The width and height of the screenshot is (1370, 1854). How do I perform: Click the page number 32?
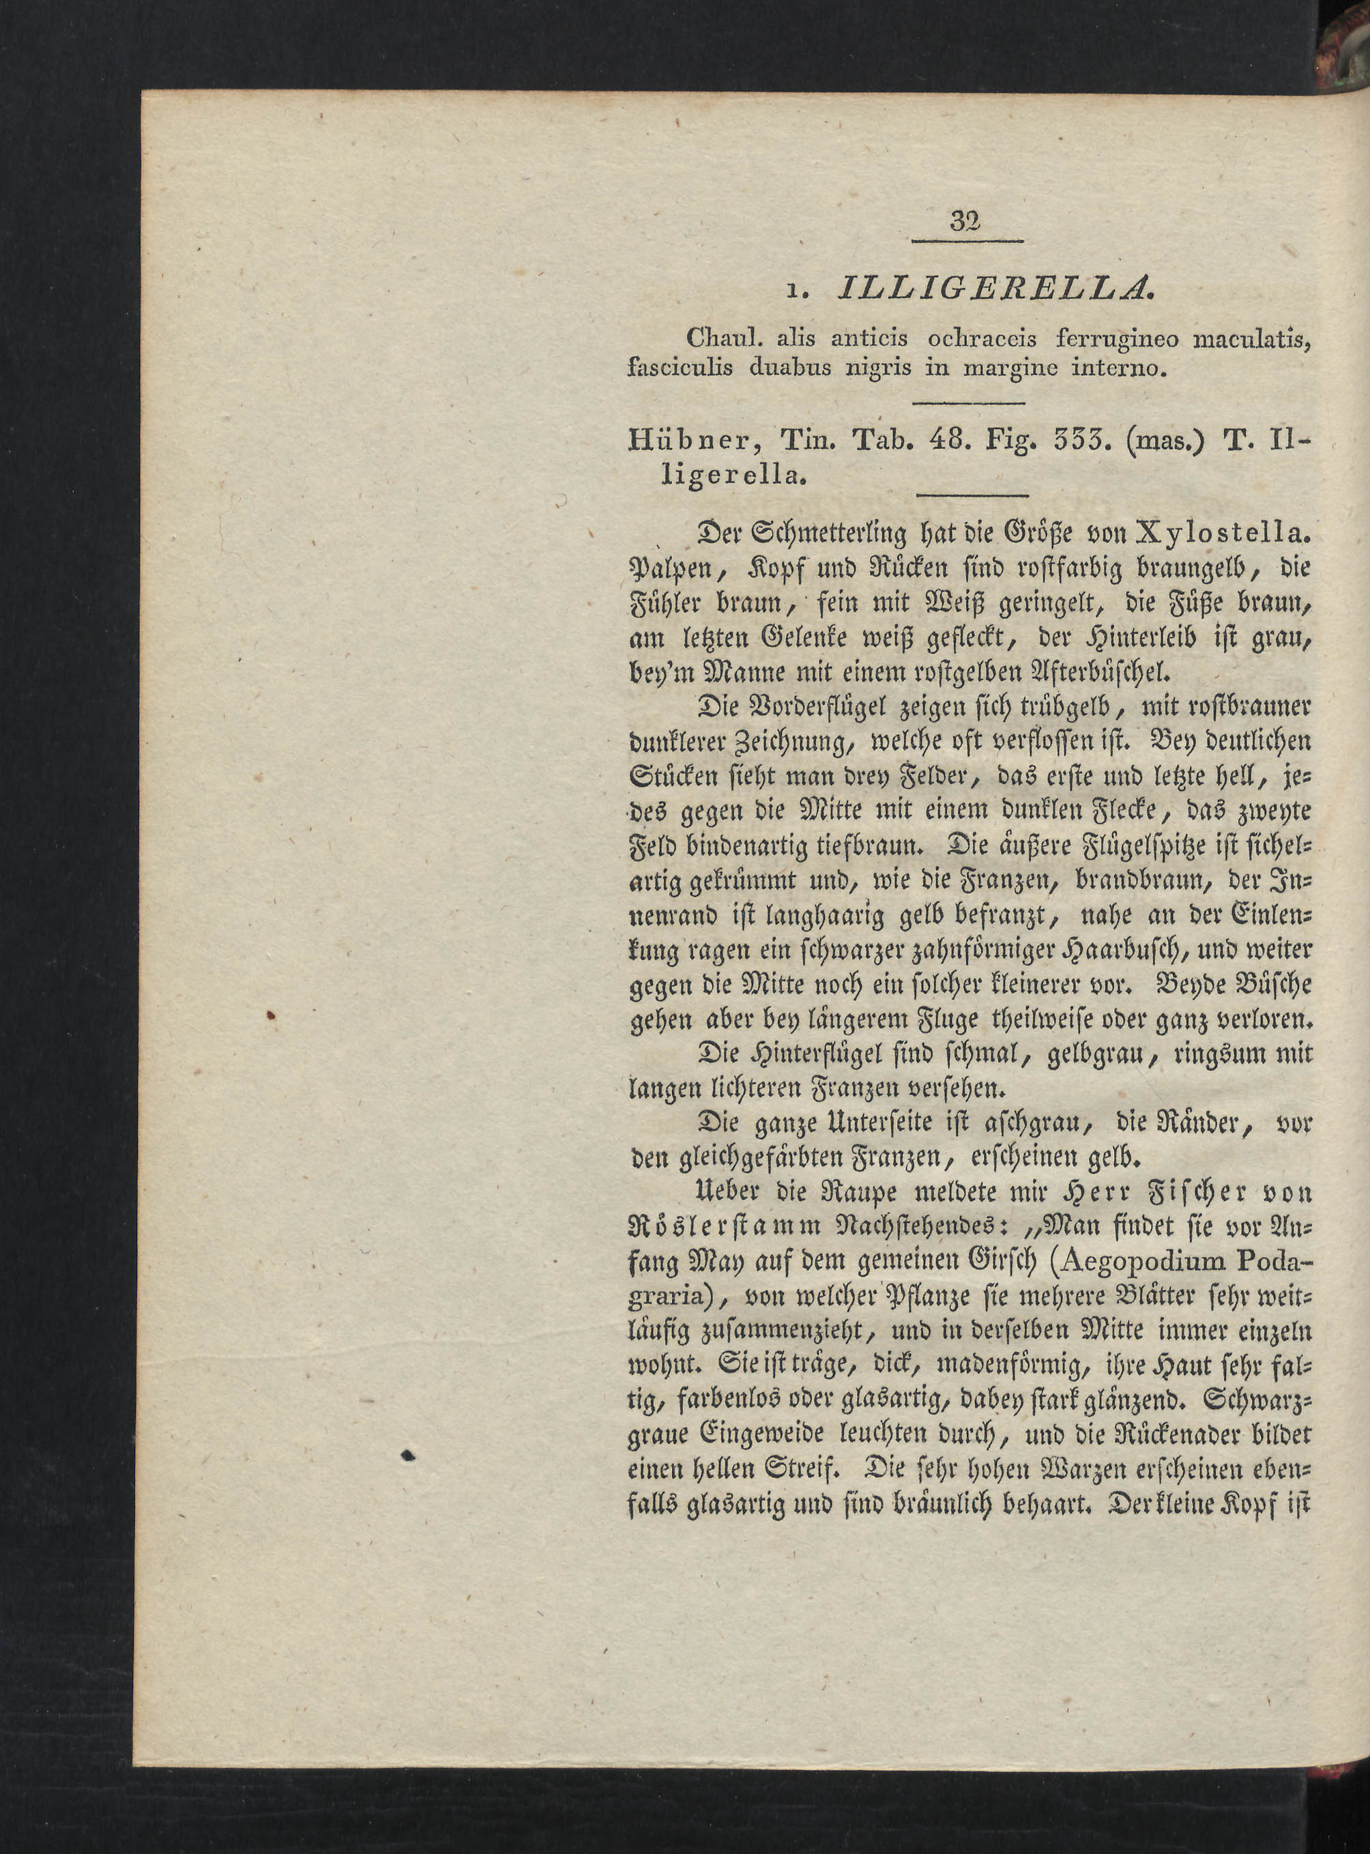click(x=966, y=222)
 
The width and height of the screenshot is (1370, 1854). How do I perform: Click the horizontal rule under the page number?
click(x=967, y=242)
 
